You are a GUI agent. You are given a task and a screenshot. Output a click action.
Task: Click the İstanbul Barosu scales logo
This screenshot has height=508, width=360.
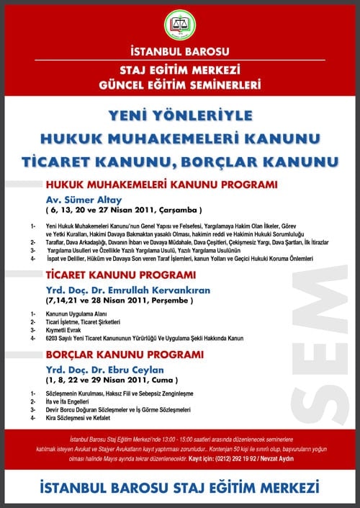click(x=179, y=26)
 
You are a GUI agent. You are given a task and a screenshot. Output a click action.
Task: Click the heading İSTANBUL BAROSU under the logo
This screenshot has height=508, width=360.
click(x=179, y=52)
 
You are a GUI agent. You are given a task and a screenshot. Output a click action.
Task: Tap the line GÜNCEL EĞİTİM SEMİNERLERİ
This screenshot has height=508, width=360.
click(x=179, y=84)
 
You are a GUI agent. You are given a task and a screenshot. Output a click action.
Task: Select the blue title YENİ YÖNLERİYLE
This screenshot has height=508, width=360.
click(x=179, y=115)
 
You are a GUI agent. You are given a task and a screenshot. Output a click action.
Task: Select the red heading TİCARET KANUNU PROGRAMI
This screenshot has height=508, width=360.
click(x=120, y=275)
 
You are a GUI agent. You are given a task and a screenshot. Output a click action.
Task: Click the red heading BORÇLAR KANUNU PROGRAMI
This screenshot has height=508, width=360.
click(x=120, y=355)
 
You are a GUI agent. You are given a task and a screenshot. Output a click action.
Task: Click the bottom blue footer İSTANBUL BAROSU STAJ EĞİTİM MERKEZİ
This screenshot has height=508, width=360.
click(x=179, y=487)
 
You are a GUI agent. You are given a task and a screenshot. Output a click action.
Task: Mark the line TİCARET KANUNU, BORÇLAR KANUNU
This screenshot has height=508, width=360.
click(x=179, y=159)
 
